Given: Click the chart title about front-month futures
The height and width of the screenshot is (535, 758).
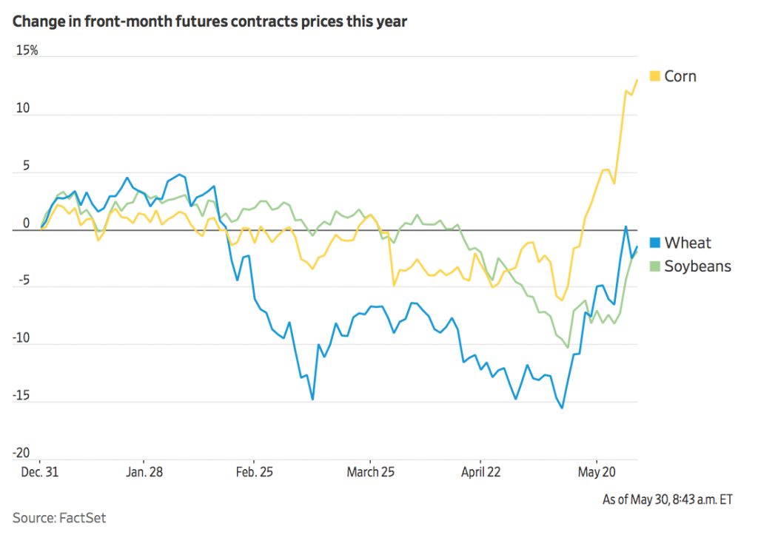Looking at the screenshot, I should click(209, 21).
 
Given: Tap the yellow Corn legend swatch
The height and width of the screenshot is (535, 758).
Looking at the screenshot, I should click(654, 75).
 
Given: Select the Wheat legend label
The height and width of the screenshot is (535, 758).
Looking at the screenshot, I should click(688, 243).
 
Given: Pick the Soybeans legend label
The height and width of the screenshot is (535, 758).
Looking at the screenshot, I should click(697, 266).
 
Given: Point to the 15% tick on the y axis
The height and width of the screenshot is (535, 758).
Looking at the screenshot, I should click(27, 50).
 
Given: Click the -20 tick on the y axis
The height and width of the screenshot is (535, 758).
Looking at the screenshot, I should click(21, 453).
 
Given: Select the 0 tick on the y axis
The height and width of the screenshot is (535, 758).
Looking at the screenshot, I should click(25, 223).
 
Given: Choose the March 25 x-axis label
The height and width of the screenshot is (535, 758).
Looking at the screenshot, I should click(372, 472).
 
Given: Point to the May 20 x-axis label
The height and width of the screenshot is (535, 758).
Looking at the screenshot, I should click(597, 472).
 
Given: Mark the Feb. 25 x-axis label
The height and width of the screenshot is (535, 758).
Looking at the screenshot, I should click(255, 472).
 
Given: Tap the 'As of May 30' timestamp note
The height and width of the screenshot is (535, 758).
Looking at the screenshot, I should click(668, 499).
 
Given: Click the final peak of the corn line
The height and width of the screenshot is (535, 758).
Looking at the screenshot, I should click(637, 80).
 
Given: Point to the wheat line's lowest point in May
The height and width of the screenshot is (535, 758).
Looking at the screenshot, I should click(562, 408).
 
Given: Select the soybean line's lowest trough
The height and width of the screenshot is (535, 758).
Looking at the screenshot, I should click(568, 347).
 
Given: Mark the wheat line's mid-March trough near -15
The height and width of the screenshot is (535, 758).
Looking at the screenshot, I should click(312, 400).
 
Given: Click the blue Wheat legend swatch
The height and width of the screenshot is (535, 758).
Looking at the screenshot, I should click(654, 243).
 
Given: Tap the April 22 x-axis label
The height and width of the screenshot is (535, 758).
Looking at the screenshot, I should click(481, 472).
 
